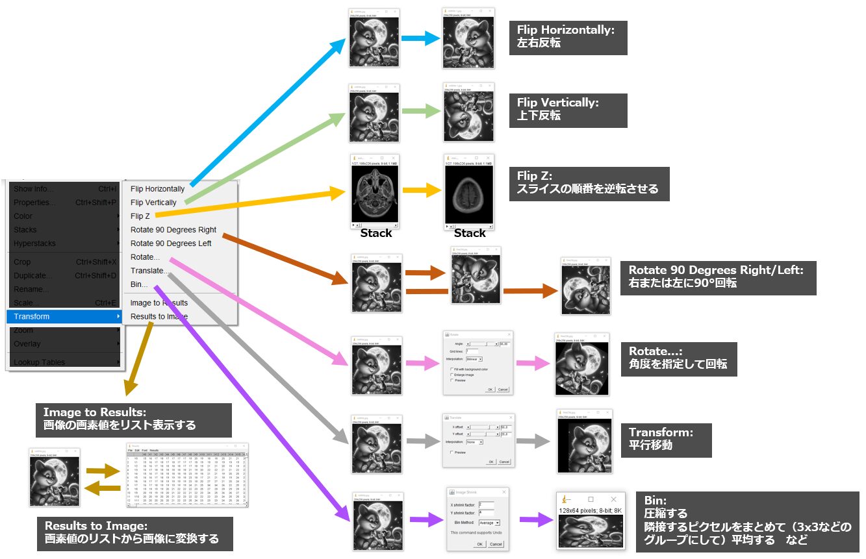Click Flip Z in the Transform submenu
(140, 216)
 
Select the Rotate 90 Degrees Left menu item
(171, 243)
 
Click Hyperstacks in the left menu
(35, 243)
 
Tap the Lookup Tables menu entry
(40, 362)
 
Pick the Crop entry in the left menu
(22, 262)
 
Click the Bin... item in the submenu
(139, 284)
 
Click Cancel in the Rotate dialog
(503, 390)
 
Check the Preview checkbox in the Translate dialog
(452, 453)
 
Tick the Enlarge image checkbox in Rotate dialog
(452, 375)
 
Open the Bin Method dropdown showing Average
(489, 523)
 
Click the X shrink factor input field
(486, 504)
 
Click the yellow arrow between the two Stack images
(422, 191)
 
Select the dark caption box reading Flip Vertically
(568, 110)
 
